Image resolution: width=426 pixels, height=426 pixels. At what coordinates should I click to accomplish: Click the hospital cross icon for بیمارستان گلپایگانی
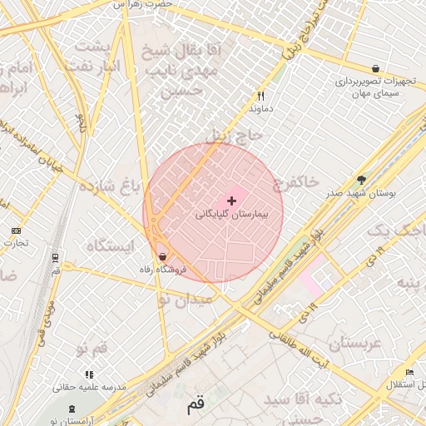pos(231,201)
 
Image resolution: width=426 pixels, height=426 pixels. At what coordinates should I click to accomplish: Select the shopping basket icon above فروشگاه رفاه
pos(162,256)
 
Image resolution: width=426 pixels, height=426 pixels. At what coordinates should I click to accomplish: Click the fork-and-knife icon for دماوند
pos(260,96)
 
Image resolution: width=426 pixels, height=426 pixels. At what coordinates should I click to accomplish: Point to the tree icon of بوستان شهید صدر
pos(360,179)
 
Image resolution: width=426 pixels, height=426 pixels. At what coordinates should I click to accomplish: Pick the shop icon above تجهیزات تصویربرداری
pos(376,69)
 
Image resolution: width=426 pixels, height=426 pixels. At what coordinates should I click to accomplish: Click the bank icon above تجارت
pos(16,230)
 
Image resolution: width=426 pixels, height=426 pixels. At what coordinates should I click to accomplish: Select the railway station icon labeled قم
pos(55,257)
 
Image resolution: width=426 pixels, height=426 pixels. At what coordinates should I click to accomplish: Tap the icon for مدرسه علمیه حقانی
pos(89,374)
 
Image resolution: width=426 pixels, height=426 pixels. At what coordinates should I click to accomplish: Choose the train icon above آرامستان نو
pos(72,409)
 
